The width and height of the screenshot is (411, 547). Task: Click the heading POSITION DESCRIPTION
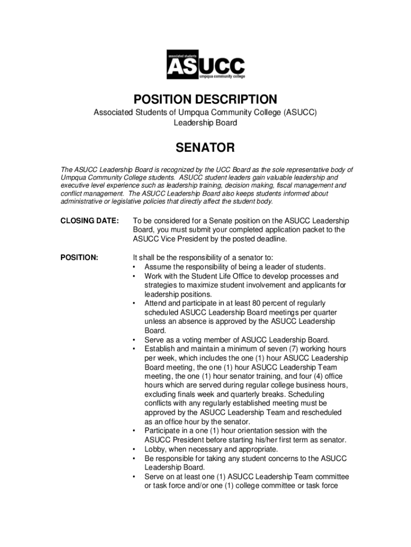tap(205, 99)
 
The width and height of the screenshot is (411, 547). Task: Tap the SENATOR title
tap(205, 147)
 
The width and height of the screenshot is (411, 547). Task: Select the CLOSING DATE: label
tap(90, 220)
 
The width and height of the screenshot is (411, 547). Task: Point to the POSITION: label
tap(79, 257)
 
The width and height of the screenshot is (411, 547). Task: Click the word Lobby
tap(156, 449)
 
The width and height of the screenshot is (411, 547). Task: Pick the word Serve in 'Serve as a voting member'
tap(154, 340)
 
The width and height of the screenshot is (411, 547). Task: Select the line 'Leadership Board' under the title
tap(205, 123)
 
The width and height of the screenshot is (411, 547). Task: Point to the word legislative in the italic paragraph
tap(141, 201)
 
